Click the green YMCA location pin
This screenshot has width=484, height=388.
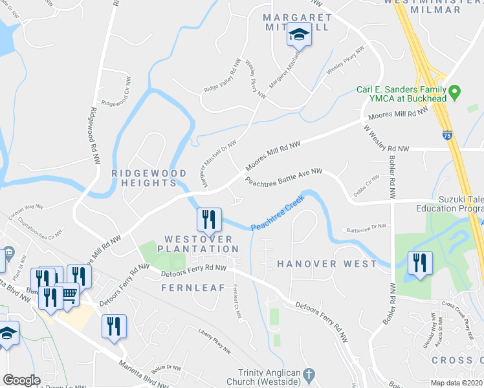pos(455,92)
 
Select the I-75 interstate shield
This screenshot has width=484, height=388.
pos(448,136)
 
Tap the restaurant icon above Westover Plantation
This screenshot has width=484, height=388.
pos(209,220)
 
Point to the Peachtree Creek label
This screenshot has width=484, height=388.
pos(277,218)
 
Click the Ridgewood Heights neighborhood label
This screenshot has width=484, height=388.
pos(144,178)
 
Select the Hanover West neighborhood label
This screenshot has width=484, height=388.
pos(327,264)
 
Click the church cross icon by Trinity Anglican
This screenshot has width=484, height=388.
pos(309,374)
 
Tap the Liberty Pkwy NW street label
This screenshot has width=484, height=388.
pos(214,341)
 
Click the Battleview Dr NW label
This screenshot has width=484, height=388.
pos(367,226)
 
